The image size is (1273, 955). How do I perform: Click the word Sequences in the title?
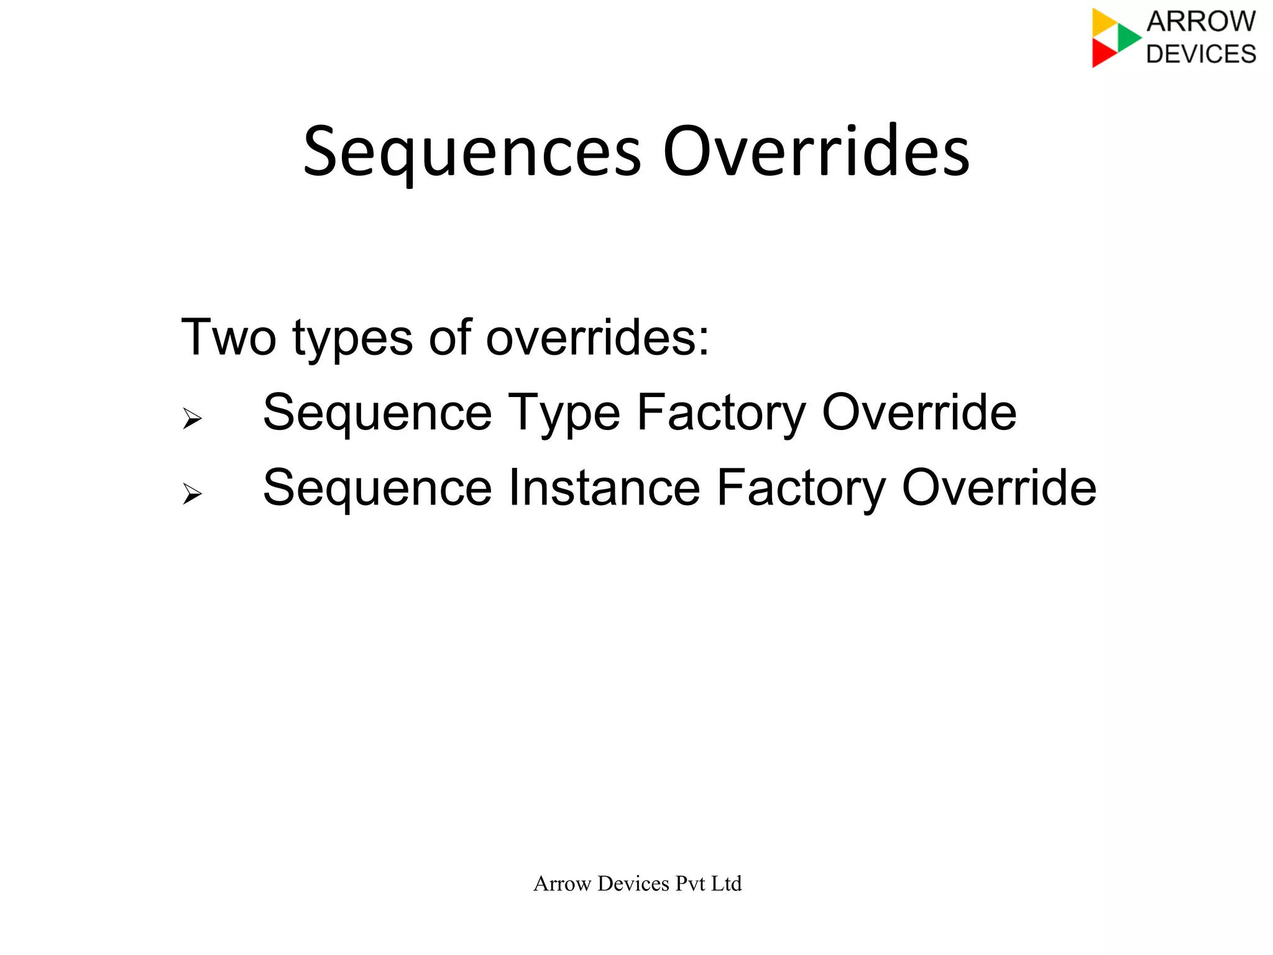[x=471, y=153]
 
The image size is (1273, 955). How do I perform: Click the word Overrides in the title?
[x=816, y=153]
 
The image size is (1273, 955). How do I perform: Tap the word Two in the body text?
[x=228, y=337]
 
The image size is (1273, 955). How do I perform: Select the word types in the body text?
[x=352, y=339]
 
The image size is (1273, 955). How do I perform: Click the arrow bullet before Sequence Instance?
[x=192, y=494]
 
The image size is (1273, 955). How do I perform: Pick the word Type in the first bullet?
[x=564, y=414]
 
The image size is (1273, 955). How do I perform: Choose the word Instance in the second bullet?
[x=605, y=488]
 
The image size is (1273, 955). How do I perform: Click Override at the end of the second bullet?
[x=999, y=488]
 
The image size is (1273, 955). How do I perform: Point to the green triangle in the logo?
[x=1128, y=37]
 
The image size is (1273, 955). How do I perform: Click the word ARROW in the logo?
[x=1201, y=22]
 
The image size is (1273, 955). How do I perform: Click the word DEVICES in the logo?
[x=1201, y=54]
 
